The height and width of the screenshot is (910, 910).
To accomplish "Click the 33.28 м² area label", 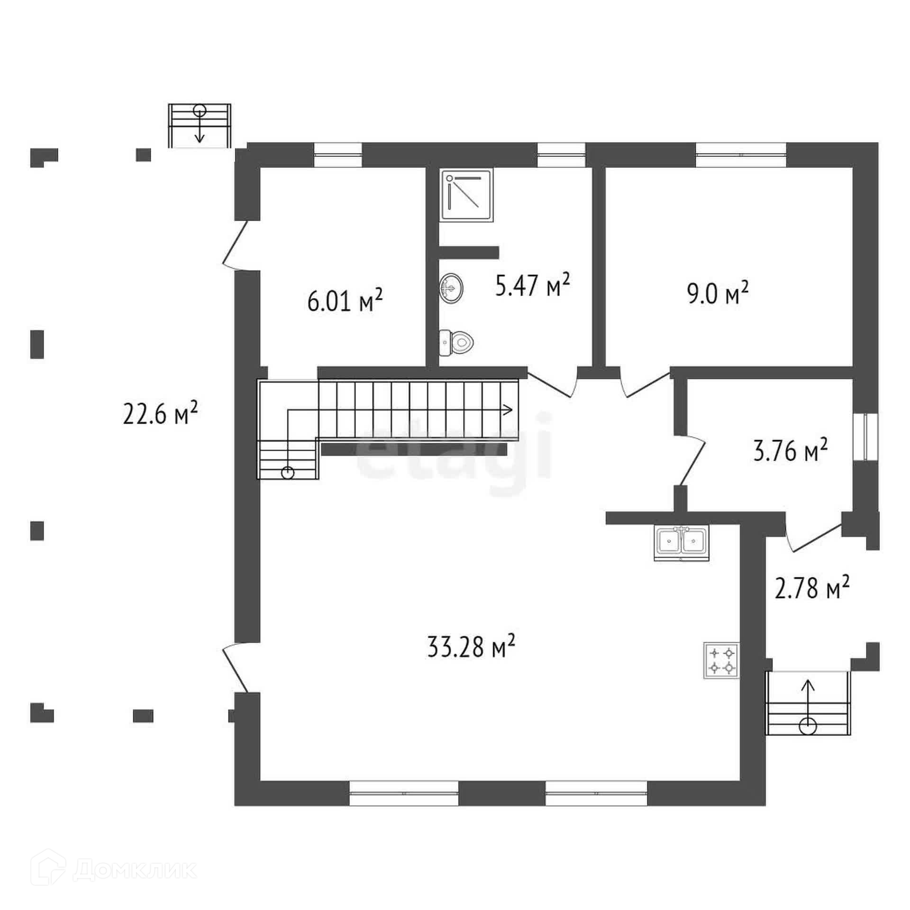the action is click(471, 647).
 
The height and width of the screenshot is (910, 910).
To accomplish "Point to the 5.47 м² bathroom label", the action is click(532, 286).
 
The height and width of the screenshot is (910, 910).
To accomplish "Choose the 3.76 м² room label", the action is click(791, 451).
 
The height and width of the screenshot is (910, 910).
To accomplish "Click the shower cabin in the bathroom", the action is click(467, 196).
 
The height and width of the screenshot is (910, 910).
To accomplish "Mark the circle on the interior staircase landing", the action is click(287, 473).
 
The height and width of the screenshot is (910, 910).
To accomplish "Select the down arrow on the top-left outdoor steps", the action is click(200, 137).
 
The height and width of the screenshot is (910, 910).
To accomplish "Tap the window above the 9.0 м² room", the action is click(741, 155).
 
